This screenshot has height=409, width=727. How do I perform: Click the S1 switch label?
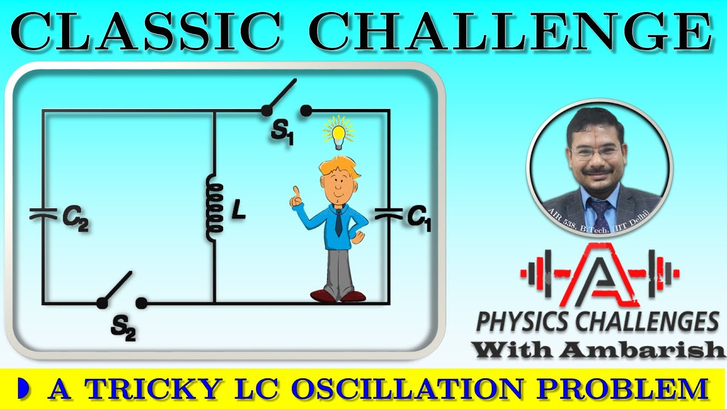pyautogui.click(x=282, y=133)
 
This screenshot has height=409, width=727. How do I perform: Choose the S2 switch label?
pyautogui.click(x=123, y=328)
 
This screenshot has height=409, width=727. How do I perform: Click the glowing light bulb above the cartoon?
pyautogui.click(x=339, y=133)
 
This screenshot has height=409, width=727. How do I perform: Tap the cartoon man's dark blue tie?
pyautogui.click(x=339, y=223)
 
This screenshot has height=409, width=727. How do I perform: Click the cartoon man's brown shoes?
pyautogui.click(x=337, y=295)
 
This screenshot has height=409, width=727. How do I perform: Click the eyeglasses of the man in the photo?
pyautogui.click(x=598, y=152)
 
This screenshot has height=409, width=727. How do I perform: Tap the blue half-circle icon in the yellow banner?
pyautogui.click(x=23, y=389)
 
